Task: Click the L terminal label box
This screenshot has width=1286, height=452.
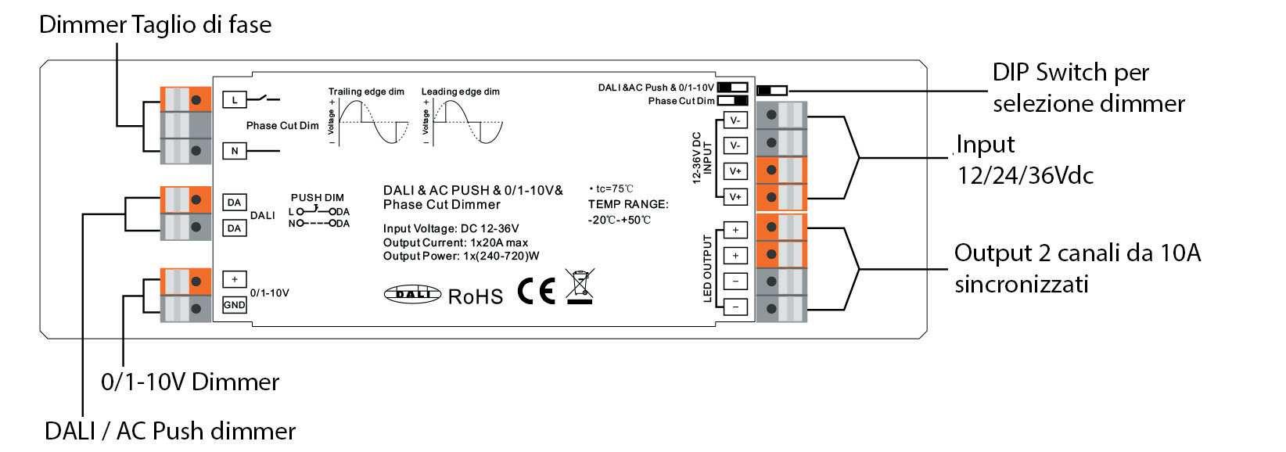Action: click(x=235, y=99)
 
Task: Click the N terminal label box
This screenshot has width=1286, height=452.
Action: click(x=235, y=151)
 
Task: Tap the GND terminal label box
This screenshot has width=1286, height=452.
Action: click(x=235, y=305)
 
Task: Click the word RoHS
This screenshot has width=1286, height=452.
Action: click(x=476, y=296)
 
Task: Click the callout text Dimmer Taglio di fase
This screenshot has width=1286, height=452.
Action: click(x=155, y=25)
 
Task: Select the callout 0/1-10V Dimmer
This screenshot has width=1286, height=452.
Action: click(x=190, y=382)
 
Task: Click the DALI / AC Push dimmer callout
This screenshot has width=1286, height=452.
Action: click(x=170, y=431)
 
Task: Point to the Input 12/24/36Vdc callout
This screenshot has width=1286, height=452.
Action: click(x=1025, y=160)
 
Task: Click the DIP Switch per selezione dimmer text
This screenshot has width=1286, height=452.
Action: click(x=1088, y=88)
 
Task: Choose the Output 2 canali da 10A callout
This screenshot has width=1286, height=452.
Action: click(x=1077, y=268)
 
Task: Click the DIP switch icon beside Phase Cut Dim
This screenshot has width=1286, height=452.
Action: click(x=733, y=101)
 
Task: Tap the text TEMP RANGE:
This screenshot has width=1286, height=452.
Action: click(x=628, y=204)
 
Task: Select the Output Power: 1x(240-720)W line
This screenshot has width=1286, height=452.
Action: click(x=462, y=256)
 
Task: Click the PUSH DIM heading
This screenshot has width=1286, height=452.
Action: click(x=317, y=198)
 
